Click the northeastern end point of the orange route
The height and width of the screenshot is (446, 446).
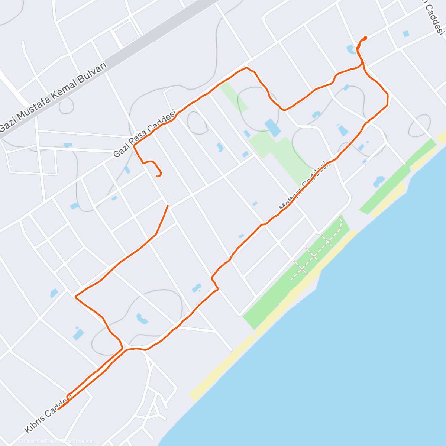366,37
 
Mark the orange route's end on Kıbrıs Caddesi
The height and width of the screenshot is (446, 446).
59,409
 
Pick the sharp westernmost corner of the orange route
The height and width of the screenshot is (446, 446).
76,297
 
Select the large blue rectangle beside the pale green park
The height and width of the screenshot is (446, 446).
273,127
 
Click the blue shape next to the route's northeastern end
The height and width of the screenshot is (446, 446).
350,49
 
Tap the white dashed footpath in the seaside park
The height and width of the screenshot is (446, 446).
316,253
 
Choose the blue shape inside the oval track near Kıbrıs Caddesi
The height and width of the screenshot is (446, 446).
142,318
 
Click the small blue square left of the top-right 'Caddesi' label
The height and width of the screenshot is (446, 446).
405,33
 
